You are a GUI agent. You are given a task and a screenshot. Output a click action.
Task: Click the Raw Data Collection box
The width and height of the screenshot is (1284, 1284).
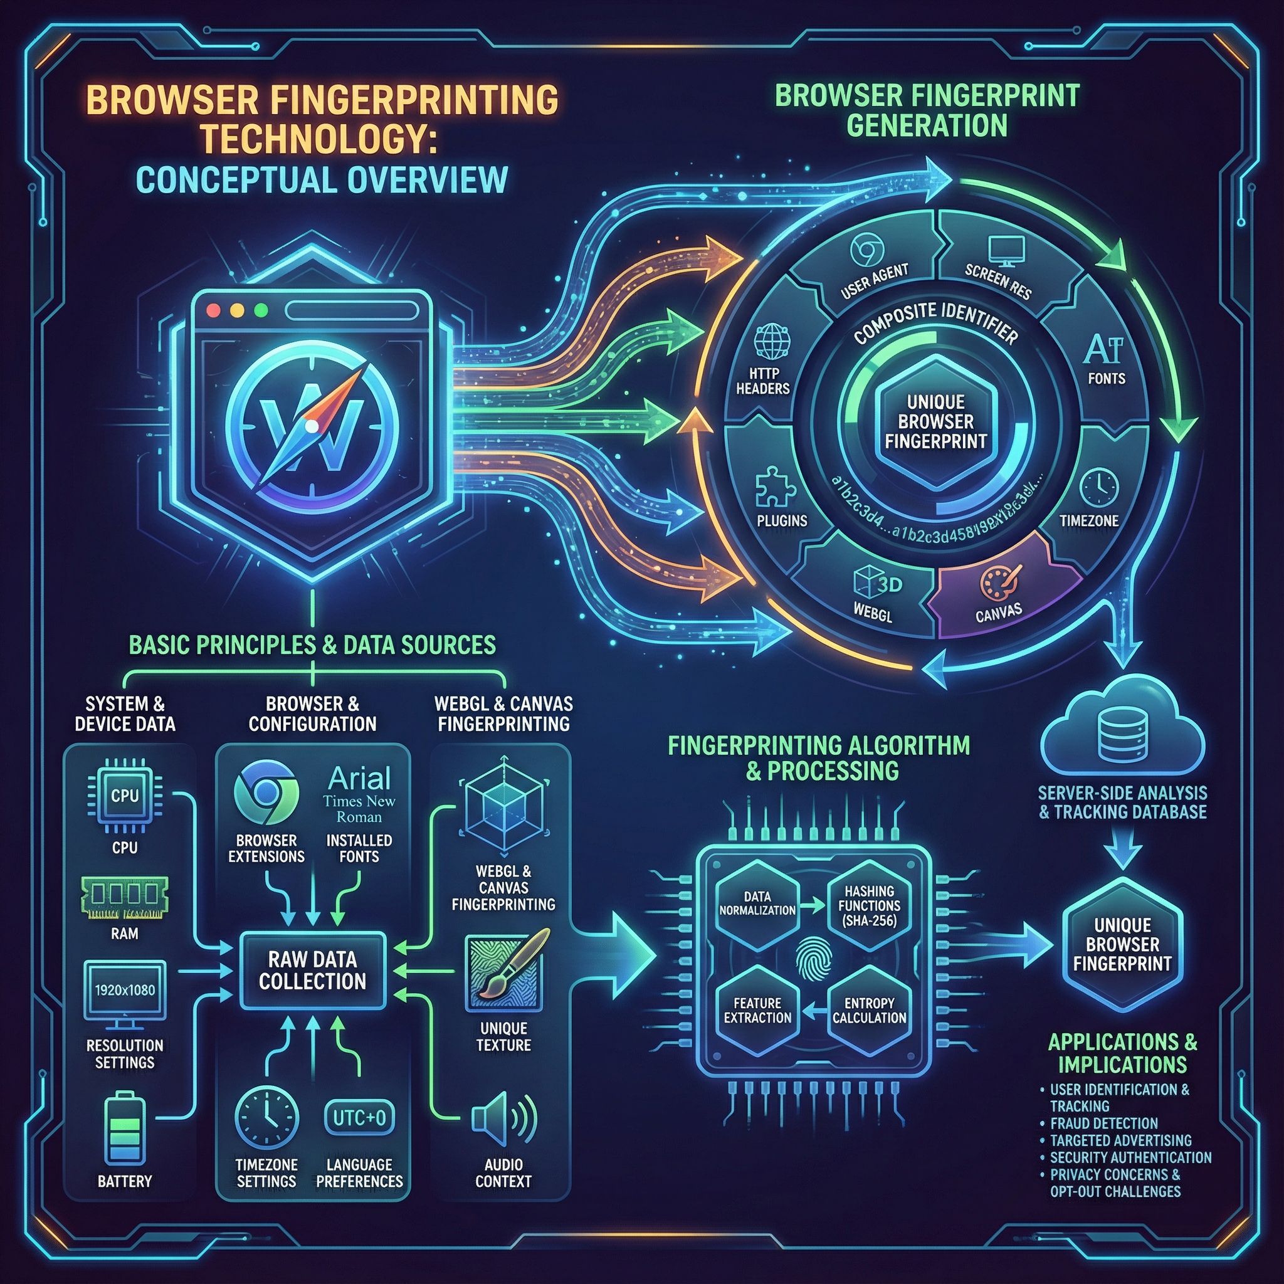pyautogui.click(x=312, y=970)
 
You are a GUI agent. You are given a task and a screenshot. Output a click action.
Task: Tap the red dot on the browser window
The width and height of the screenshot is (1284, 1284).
pyautogui.click(x=214, y=310)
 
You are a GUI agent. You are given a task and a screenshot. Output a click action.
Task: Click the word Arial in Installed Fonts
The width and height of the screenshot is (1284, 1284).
pyautogui.click(x=359, y=778)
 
